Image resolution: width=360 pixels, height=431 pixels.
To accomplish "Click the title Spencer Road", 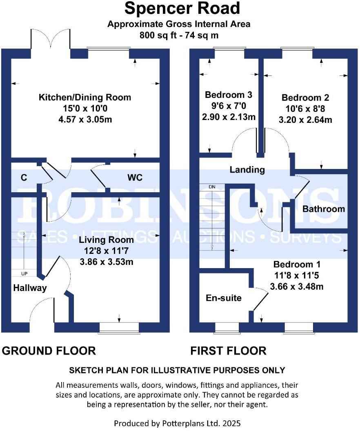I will tap(182, 9).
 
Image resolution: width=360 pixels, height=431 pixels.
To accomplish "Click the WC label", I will tap(135, 178).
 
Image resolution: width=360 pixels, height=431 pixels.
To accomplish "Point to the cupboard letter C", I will tap(24, 178).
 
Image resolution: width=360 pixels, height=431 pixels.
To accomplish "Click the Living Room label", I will tap(106, 240).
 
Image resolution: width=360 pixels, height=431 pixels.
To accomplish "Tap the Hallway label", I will tap(30, 288).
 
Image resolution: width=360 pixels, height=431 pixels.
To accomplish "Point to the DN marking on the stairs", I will tap(211, 187).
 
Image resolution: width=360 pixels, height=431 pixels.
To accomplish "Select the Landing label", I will tap(247, 169).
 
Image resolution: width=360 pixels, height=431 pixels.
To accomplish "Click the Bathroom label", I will tap(323, 209).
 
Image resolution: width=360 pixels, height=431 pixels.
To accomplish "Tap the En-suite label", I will tap(223, 298).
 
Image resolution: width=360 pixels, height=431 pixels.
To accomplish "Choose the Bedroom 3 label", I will tap(229, 95).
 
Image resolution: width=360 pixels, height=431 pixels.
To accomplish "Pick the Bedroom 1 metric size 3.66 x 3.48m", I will tap(297, 287).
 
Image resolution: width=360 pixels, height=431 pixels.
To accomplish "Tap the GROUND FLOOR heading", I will tap(49, 351).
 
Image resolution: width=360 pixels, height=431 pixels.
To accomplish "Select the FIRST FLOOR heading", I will tap(228, 351).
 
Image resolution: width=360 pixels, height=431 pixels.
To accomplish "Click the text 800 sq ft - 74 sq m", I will tap(179, 35).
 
